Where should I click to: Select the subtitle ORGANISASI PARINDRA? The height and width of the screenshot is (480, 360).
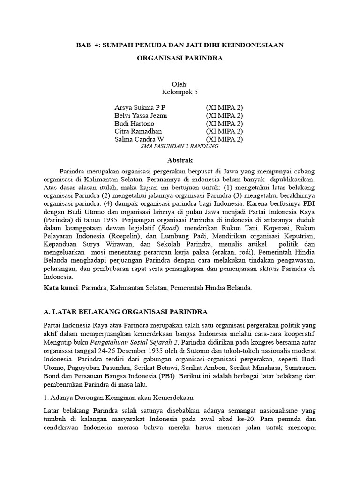pos(180,59)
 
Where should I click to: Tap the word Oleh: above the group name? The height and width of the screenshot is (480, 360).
pos(180,84)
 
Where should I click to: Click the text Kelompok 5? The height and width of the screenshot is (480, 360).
pos(180,92)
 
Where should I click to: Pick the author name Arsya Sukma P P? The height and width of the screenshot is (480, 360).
pos(140,108)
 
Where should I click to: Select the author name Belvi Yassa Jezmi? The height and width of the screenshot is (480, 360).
pos(141,116)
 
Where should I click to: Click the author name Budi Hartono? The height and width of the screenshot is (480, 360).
pos(134,124)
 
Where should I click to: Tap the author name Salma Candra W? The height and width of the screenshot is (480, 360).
pos(139,140)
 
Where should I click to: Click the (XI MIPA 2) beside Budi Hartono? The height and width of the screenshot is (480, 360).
pos(225,124)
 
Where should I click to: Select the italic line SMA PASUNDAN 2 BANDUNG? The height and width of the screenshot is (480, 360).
pos(180,146)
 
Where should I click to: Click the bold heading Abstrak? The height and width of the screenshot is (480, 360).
pos(180,160)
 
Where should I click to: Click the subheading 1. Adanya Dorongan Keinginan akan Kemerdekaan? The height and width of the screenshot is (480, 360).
pos(117,397)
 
